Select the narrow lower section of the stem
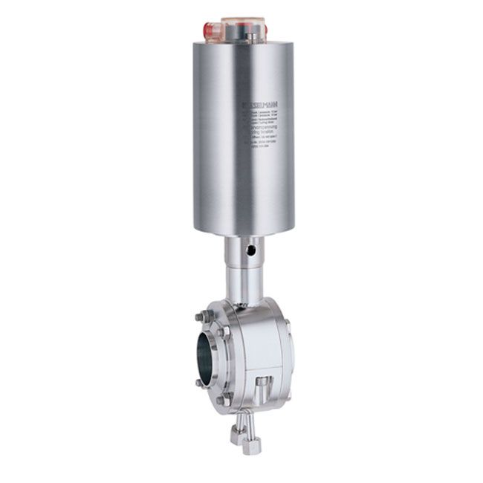pos(242,286)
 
